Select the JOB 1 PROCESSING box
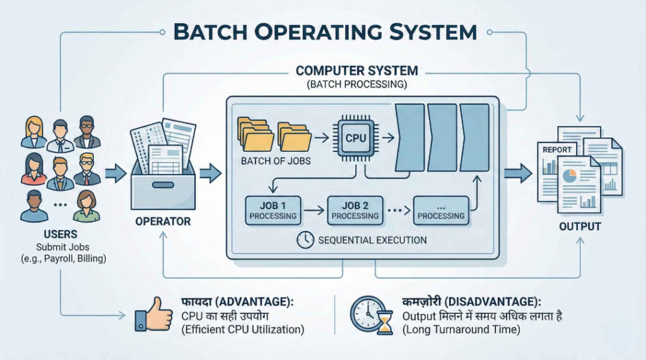tap(273, 210)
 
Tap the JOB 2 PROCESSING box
tap(355, 210)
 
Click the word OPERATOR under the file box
tap(162, 222)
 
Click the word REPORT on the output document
tap(557, 150)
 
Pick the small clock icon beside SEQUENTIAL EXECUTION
tap(304, 240)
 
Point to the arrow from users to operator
tap(115, 172)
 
